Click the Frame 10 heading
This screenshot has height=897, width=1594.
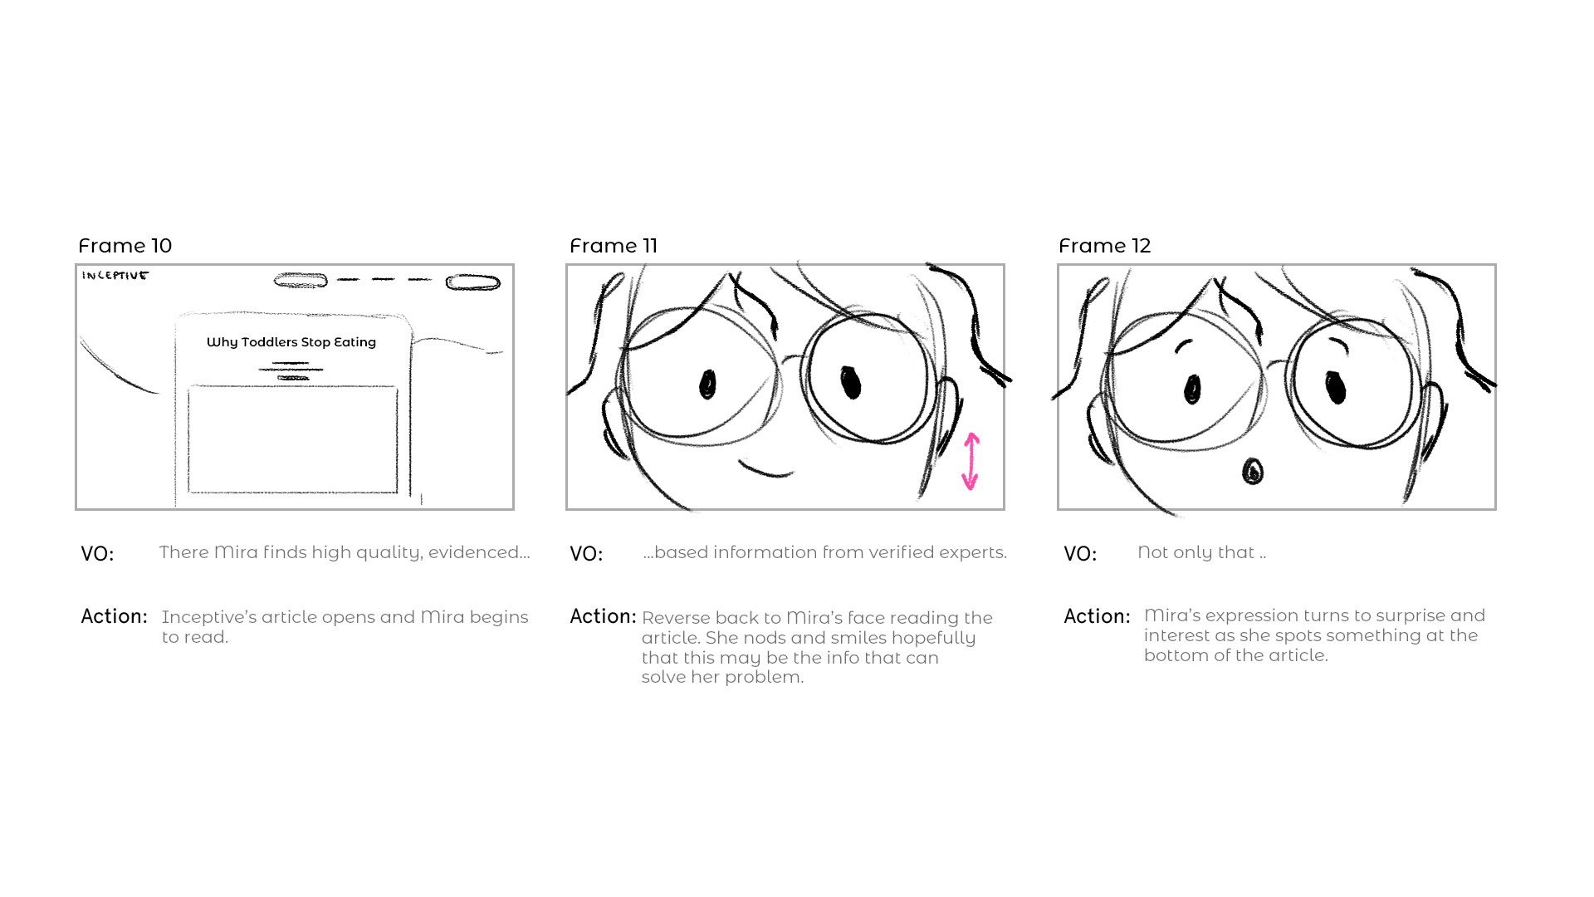[125, 246]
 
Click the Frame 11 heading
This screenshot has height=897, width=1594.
[613, 246]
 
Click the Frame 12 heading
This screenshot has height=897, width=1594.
[1104, 246]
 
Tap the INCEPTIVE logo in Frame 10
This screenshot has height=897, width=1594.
[115, 276]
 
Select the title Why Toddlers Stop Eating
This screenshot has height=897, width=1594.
[291, 342]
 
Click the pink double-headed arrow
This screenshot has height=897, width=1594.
[971, 461]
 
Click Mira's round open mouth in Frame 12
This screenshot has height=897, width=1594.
[1252, 472]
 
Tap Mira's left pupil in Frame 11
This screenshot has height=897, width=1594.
[707, 384]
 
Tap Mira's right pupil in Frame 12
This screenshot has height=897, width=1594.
[1335, 387]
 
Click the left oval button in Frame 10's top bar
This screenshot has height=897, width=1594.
[301, 282]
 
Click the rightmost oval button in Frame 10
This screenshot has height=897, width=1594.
[473, 282]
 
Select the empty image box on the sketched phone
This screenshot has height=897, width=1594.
[292, 439]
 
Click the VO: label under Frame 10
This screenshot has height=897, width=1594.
[97, 554]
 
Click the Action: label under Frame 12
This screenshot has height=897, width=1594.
[1097, 616]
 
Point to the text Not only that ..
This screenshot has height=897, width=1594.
[1200, 552]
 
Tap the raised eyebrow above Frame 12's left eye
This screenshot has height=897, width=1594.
[1183, 345]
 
